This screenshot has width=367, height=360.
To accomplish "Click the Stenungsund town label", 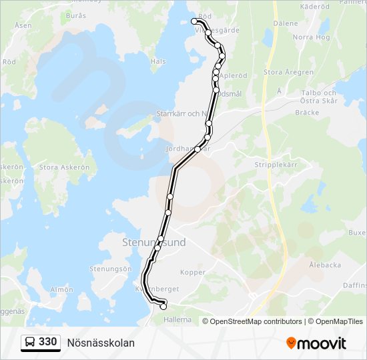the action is (x=153, y=243).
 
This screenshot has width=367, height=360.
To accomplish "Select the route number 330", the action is (x=47, y=343).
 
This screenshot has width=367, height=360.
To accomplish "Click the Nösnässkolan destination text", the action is (x=101, y=343).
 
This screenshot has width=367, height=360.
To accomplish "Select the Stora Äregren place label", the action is (x=289, y=72).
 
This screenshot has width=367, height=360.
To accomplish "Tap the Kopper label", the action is (x=193, y=273).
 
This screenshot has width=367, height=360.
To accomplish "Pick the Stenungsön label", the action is (x=110, y=269).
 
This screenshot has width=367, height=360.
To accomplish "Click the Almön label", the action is (x=61, y=289).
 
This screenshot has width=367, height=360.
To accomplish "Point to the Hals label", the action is (x=158, y=61).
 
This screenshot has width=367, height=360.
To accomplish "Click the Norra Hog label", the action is (x=312, y=37).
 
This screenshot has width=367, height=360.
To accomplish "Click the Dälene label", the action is (x=286, y=23).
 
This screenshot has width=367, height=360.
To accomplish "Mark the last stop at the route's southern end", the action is (x=163, y=307).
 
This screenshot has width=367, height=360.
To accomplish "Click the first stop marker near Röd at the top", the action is (x=194, y=21).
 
